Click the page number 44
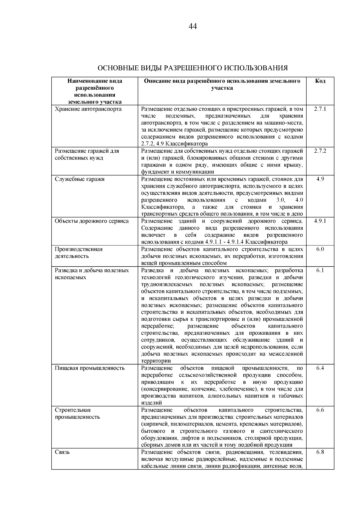coord(193,27)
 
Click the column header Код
coord(320,81)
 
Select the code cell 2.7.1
coord(320,109)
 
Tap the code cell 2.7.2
coord(320,151)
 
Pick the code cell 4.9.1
coord(320,221)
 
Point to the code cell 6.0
coord(320,249)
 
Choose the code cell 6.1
coord(320,270)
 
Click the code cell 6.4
coord(320,368)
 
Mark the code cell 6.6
coord(320,410)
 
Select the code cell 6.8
coord(320,452)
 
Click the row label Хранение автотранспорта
coord(88,109)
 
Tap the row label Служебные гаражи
coord(79,179)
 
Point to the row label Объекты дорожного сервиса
coord(92,221)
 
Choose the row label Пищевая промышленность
coord(90,368)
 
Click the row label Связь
coord(62,452)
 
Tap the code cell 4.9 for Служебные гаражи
coord(320,179)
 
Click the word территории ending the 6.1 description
coord(156,361)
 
